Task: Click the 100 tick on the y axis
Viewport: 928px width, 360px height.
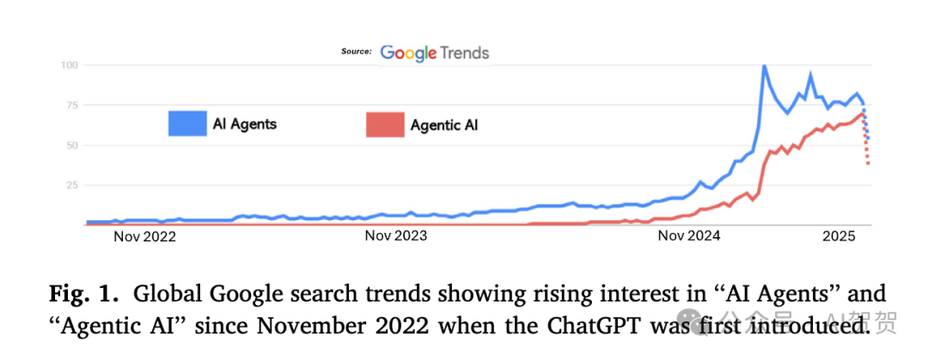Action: click(70, 65)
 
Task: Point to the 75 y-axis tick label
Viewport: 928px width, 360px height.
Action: click(72, 105)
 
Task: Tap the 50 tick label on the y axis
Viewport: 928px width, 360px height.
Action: click(72, 144)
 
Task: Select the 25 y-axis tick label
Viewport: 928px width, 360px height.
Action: click(72, 185)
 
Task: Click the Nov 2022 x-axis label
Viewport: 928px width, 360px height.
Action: click(144, 236)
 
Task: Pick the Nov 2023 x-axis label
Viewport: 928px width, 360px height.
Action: click(396, 236)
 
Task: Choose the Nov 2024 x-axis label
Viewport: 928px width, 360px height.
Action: click(688, 236)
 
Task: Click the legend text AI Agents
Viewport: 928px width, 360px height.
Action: click(245, 124)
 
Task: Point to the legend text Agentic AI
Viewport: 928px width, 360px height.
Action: click(444, 125)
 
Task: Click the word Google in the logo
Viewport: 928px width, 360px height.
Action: click(408, 53)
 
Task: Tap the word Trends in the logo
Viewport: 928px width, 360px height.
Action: click(465, 53)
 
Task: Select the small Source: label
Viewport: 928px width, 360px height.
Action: click(357, 52)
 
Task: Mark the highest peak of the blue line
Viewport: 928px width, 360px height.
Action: click(764, 66)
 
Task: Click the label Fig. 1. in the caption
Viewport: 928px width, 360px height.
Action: click(84, 294)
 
